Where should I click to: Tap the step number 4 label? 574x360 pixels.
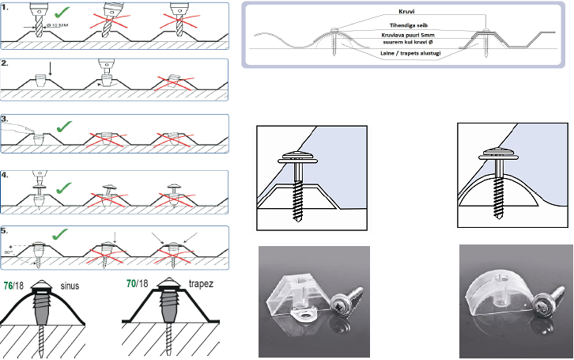[7, 172]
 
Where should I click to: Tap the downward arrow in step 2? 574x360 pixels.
[49, 73]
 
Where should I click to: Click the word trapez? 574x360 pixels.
[203, 282]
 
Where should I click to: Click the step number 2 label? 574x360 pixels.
[7, 63]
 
